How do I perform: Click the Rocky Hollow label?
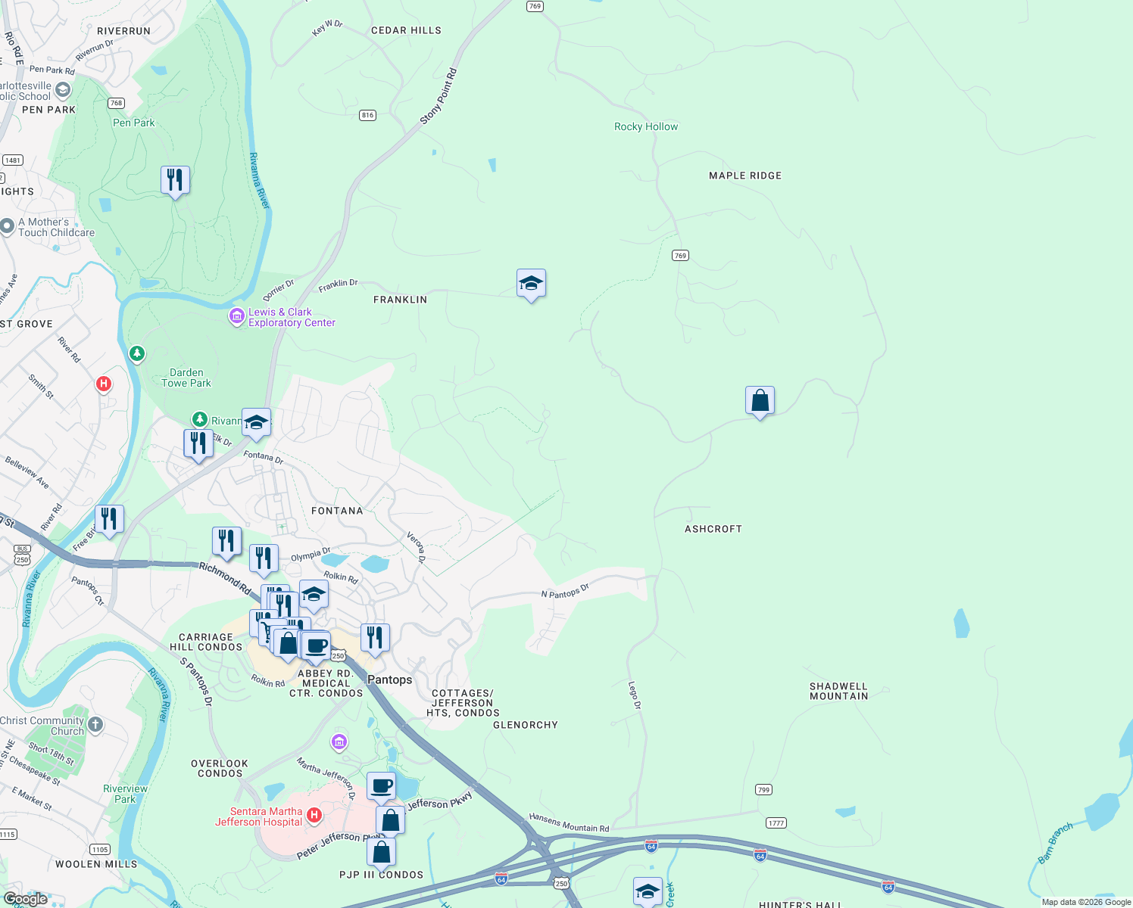[646, 127]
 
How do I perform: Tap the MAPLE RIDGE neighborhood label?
[745, 176]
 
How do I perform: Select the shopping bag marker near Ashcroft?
[760, 401]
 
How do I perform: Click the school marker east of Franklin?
[531, 284]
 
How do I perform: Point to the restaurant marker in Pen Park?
[175, 181]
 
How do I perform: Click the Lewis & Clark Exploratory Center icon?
[237, 316]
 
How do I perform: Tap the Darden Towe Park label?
[186, 378]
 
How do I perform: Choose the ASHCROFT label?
[713, 529]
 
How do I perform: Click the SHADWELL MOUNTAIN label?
[838, 692]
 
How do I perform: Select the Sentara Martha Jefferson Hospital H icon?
[314, 816]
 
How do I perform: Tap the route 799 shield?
[763, 790]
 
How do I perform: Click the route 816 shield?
[367, 115]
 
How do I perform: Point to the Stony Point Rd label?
[439, 96]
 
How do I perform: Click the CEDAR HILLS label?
[406, 30]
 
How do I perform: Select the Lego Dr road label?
[635, 695]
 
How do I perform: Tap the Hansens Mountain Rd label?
[569, 822]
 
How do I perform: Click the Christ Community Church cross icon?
[95, 725]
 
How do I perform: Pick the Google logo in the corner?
[25, 899]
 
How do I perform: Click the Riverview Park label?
[125, 794]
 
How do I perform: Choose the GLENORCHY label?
[526, 725]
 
